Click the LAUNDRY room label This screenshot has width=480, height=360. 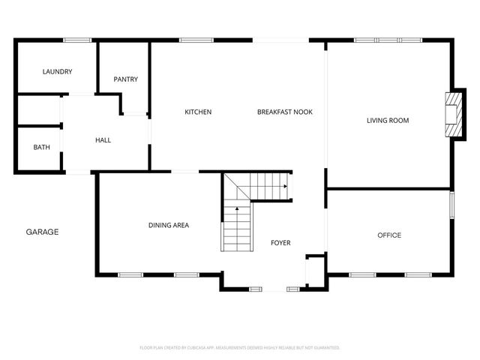pos(57,72)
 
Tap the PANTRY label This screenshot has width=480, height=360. pos(125,79)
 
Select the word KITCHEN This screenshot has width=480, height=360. pos(198,112)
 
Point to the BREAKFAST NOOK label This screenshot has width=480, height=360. pos(284,112)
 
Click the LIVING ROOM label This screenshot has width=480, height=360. pos(387,120)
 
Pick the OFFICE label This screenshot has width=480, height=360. pos(388,235)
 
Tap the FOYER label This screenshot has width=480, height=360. pos(280,243)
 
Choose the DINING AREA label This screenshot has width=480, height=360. pos(168,225)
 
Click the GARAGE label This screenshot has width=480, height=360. pos(42,232)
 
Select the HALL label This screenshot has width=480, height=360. pos(103,140)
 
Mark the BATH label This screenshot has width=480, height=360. pos(41,148)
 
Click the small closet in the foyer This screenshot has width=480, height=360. pos(314,269)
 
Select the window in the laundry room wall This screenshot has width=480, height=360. pos(76,40)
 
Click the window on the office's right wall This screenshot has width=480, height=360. pos(451,205)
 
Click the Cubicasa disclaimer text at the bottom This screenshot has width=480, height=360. pos(240,348)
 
